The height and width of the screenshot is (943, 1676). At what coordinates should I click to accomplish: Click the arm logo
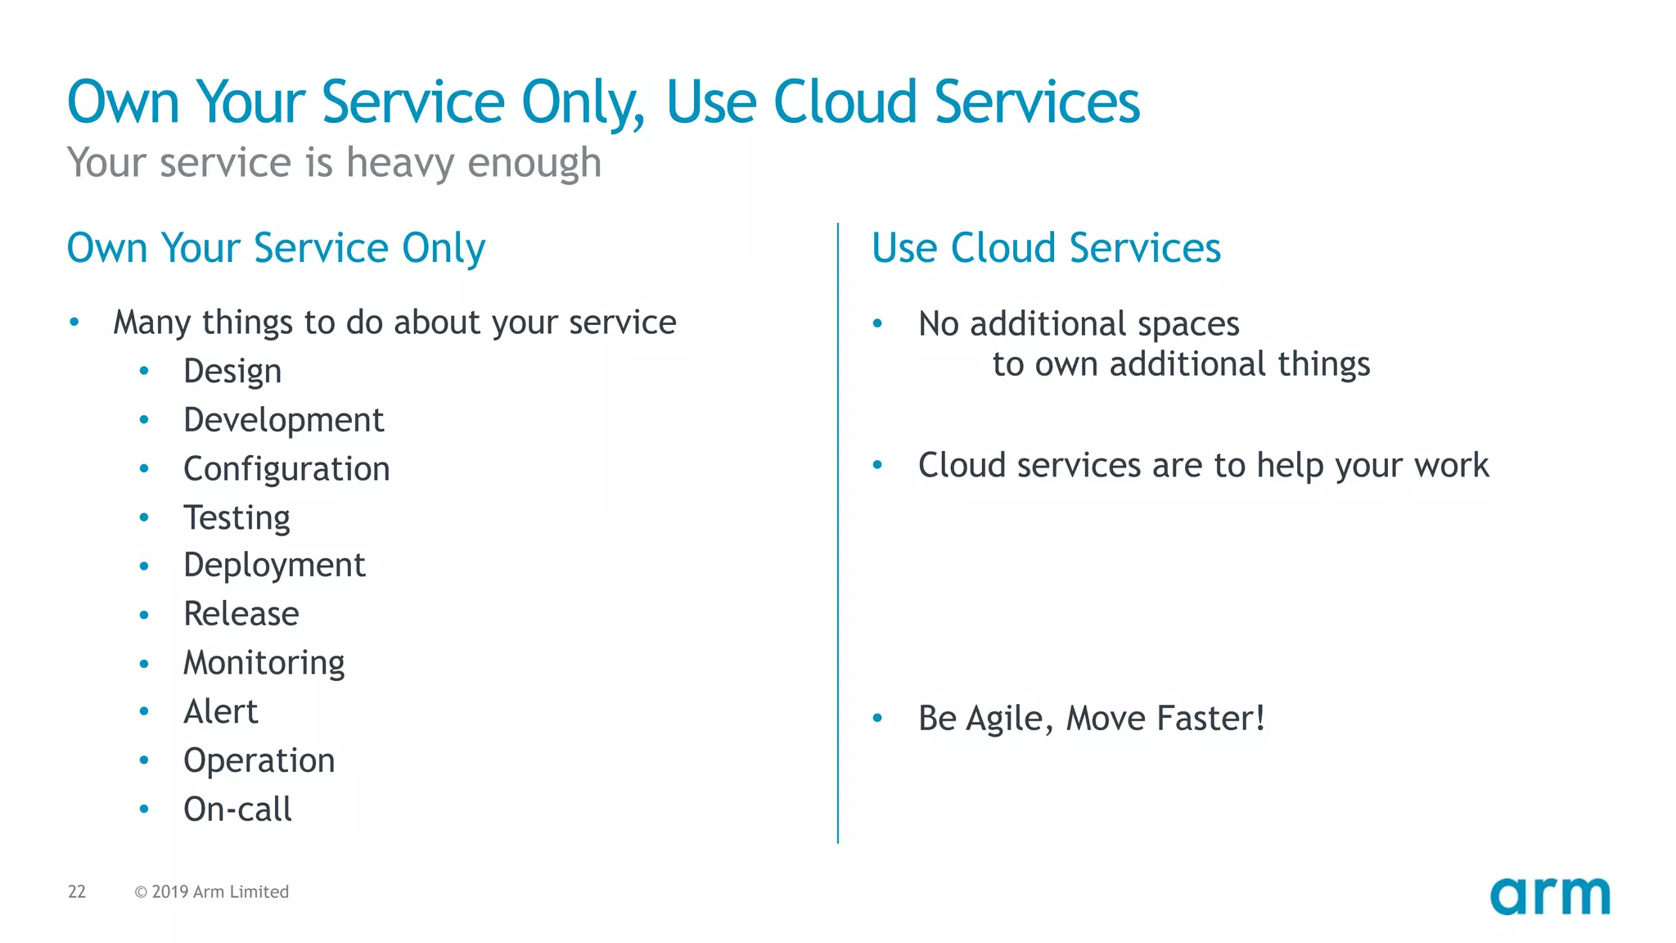click(x=1549, y=896)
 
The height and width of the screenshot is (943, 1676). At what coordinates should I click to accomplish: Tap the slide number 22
click(x=77, y=891)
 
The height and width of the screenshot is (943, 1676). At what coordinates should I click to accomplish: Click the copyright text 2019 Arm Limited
click(x=212, y=891)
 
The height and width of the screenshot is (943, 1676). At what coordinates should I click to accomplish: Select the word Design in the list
click(x=232, y=372)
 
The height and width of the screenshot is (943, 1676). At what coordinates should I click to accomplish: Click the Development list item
click(x=283, y=420)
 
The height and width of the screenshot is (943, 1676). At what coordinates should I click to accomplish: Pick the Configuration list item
click(x=286, y=469)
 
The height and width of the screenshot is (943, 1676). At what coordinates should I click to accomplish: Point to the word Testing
click(x=237, y=518)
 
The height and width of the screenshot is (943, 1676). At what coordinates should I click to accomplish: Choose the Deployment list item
click(x=274, y=566)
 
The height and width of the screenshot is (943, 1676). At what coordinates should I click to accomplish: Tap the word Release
click(x=241, y=614)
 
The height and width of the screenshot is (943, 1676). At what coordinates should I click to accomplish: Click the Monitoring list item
click(x=264, y=663)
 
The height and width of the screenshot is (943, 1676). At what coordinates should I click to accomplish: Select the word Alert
click(x=221, y=711)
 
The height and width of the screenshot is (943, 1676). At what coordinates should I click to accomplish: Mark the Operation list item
click(x=259, y=760)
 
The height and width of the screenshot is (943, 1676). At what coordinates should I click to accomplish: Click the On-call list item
click(x=237, y=810)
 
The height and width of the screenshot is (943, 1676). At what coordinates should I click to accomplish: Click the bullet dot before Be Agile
click(x=877, y=719)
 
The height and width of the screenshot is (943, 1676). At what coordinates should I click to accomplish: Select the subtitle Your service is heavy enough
click(x=334, y=162)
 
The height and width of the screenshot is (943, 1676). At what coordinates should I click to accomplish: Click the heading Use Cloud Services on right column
click(x=1046, y=248)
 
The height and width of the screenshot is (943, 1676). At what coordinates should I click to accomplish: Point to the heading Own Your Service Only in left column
click(x=276, y=248)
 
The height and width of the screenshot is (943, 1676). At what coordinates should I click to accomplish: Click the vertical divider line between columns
click(x=838, y=532)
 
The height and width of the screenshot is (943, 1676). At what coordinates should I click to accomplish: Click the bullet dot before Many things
click(x=74, y=323)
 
